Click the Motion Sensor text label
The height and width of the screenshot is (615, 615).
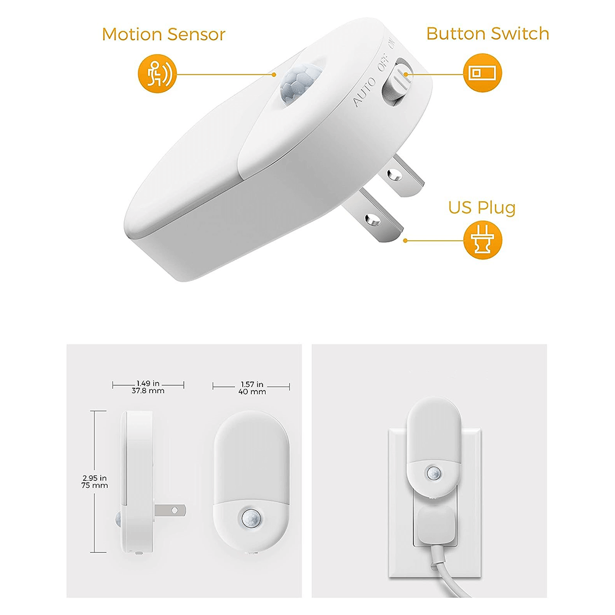(164, 34)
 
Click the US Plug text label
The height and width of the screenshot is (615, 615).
(481, 207)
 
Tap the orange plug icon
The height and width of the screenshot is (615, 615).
(482, 240)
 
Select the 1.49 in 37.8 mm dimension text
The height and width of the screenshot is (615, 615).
(148, 386)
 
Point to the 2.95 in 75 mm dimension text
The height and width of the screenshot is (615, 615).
(95, 481)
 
